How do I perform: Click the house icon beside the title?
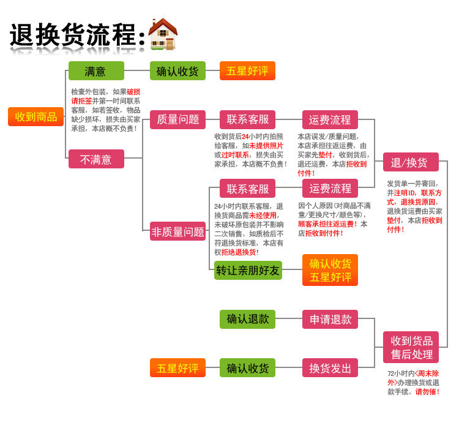click(162, 34)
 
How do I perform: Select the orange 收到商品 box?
click(35, 116)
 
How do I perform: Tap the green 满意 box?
click(96, 71)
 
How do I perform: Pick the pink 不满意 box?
click(96, 159)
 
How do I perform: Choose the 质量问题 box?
click(177, 119)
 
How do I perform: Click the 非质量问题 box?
click(177, 231)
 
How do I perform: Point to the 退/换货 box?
click(411, 162)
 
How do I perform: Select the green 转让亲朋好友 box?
click(248, 270)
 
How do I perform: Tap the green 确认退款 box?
click(247, 319)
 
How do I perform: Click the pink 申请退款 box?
click(330, 319)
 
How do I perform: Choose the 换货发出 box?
click(330, 368)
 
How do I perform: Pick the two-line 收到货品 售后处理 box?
click(411, 347)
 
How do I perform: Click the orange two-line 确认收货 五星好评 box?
click(330, 270)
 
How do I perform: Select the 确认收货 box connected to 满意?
click(177, 71)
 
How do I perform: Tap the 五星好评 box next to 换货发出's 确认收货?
click(177, 368)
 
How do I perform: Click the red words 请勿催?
click(427, 392)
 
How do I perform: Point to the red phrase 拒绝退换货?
click(240, 252)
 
